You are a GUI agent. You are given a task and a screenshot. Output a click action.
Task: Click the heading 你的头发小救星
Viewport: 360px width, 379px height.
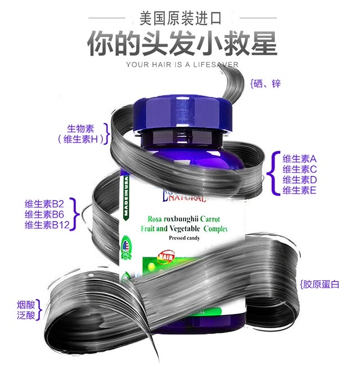[182, 43]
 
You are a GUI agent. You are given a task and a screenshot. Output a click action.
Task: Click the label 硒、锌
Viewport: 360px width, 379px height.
[267, 84]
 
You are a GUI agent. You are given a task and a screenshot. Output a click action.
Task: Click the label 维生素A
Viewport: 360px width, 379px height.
[300, 159]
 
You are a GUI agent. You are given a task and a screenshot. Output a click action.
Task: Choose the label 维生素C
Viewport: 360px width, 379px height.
[300, 169]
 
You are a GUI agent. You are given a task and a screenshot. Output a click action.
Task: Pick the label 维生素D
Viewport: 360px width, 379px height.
[300, 180]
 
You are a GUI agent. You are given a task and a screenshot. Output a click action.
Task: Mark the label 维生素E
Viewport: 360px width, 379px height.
[300, 190]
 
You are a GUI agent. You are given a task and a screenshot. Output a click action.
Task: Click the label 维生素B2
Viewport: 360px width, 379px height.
[45, 204]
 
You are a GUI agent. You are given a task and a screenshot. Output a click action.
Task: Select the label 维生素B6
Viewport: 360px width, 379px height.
[45, 214]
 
